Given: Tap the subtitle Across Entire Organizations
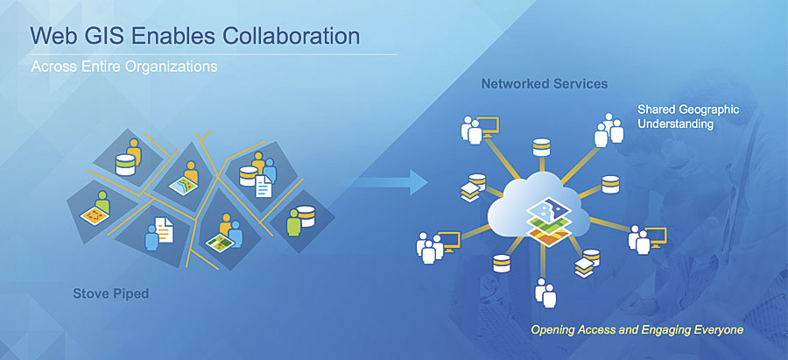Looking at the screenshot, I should tap(123, 67).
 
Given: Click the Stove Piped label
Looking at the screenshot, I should tap(110, 294).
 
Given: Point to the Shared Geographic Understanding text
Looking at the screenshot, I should tap(688, 116).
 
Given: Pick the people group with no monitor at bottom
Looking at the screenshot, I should tap(544, 293).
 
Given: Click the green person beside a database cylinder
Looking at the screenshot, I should tap(297, 220).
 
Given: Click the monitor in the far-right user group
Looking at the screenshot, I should tap(655, 235).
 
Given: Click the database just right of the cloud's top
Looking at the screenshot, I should tap(609, 185).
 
